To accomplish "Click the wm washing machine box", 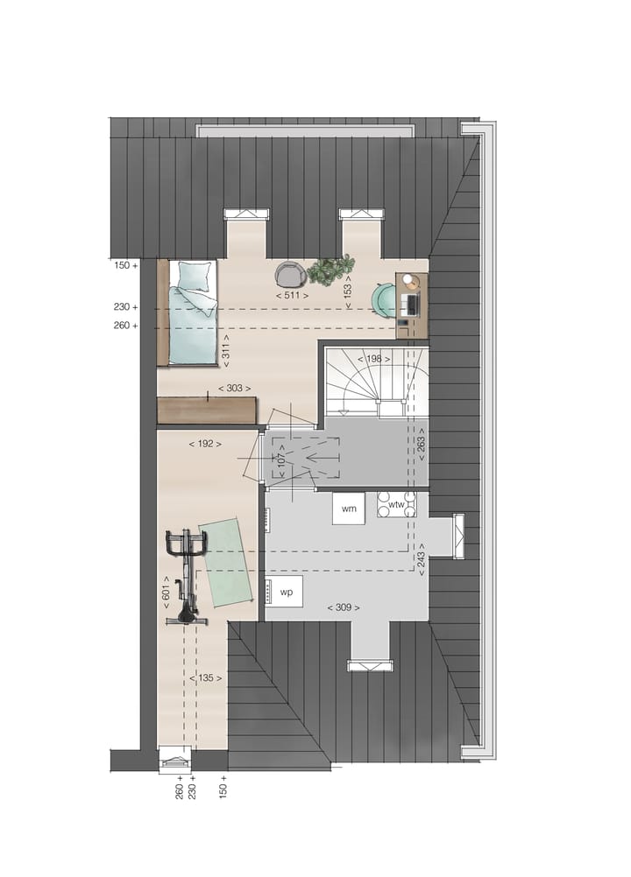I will [349, 509].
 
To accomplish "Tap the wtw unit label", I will [397, 505].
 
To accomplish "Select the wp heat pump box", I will [286, 592].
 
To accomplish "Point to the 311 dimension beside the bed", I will [225, 351].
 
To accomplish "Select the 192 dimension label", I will [204, 444].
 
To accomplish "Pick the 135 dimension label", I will [207, 677].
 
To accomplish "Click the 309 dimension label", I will [343, 607].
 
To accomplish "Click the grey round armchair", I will [289, 275].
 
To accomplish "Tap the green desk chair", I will [385, 298].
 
